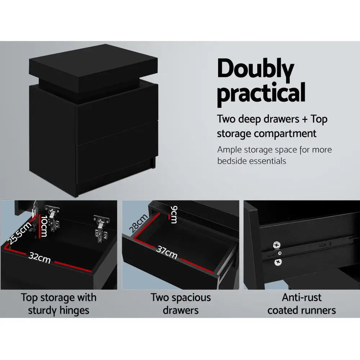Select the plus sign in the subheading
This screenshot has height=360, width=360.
click(305, 120)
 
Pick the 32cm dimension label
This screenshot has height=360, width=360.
click(40, 258)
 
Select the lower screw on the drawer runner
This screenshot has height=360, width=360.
click(278, 262)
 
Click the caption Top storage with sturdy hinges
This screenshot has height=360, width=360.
click(59, 303)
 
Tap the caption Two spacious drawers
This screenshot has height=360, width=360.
click(181, 303)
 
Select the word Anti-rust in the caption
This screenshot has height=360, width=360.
click(302, 297)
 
